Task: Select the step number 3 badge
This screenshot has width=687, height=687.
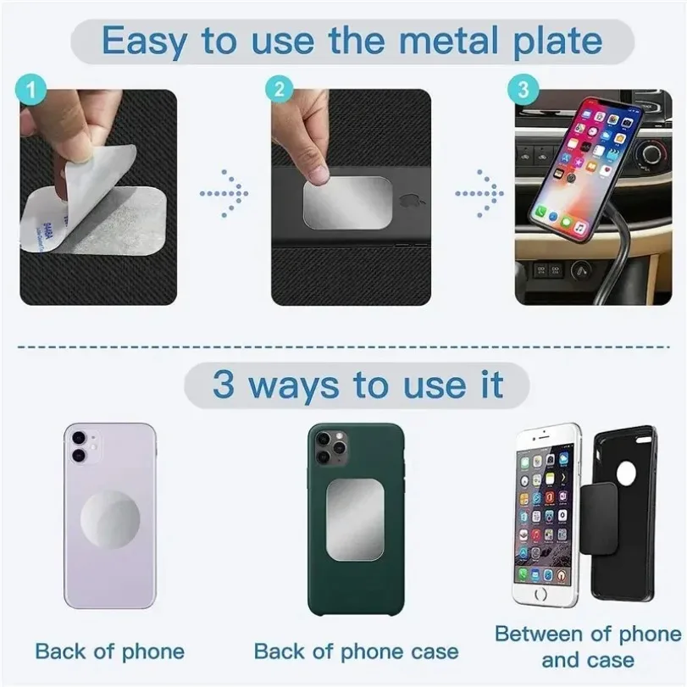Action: [523, 87]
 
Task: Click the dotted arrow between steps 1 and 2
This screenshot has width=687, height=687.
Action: [225, 195]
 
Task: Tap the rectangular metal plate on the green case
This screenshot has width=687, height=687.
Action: [355, 524]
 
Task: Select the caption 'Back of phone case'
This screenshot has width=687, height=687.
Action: [356, 651]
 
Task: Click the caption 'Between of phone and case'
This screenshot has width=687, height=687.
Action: [587, 645]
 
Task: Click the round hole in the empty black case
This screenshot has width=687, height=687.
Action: [626, 472]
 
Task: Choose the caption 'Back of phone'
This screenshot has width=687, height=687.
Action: [110, 651]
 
